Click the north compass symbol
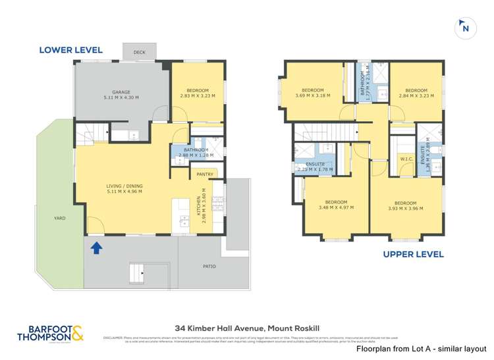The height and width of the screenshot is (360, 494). click(x=466, y=28)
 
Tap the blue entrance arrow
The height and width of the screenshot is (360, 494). click(x=96, y=248)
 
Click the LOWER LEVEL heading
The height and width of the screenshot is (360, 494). click(x=70, y=49)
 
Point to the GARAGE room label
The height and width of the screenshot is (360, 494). click(x=121, y=92)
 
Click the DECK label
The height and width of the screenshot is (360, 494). click(x=139, y=51)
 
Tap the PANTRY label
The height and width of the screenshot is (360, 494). click(x=206, y=174)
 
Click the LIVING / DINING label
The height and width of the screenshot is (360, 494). click(x=124, y=186)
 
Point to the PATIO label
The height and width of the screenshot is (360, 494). click(x=209, y=267)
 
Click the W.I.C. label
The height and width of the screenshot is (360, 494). click(x=406, y=159)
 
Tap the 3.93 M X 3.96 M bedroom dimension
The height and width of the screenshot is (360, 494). click(x=405, y=209)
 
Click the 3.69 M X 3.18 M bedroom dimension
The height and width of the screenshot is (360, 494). click(x=313, y=95)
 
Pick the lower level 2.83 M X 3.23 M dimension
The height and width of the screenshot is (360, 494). click(x=198, y=96)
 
